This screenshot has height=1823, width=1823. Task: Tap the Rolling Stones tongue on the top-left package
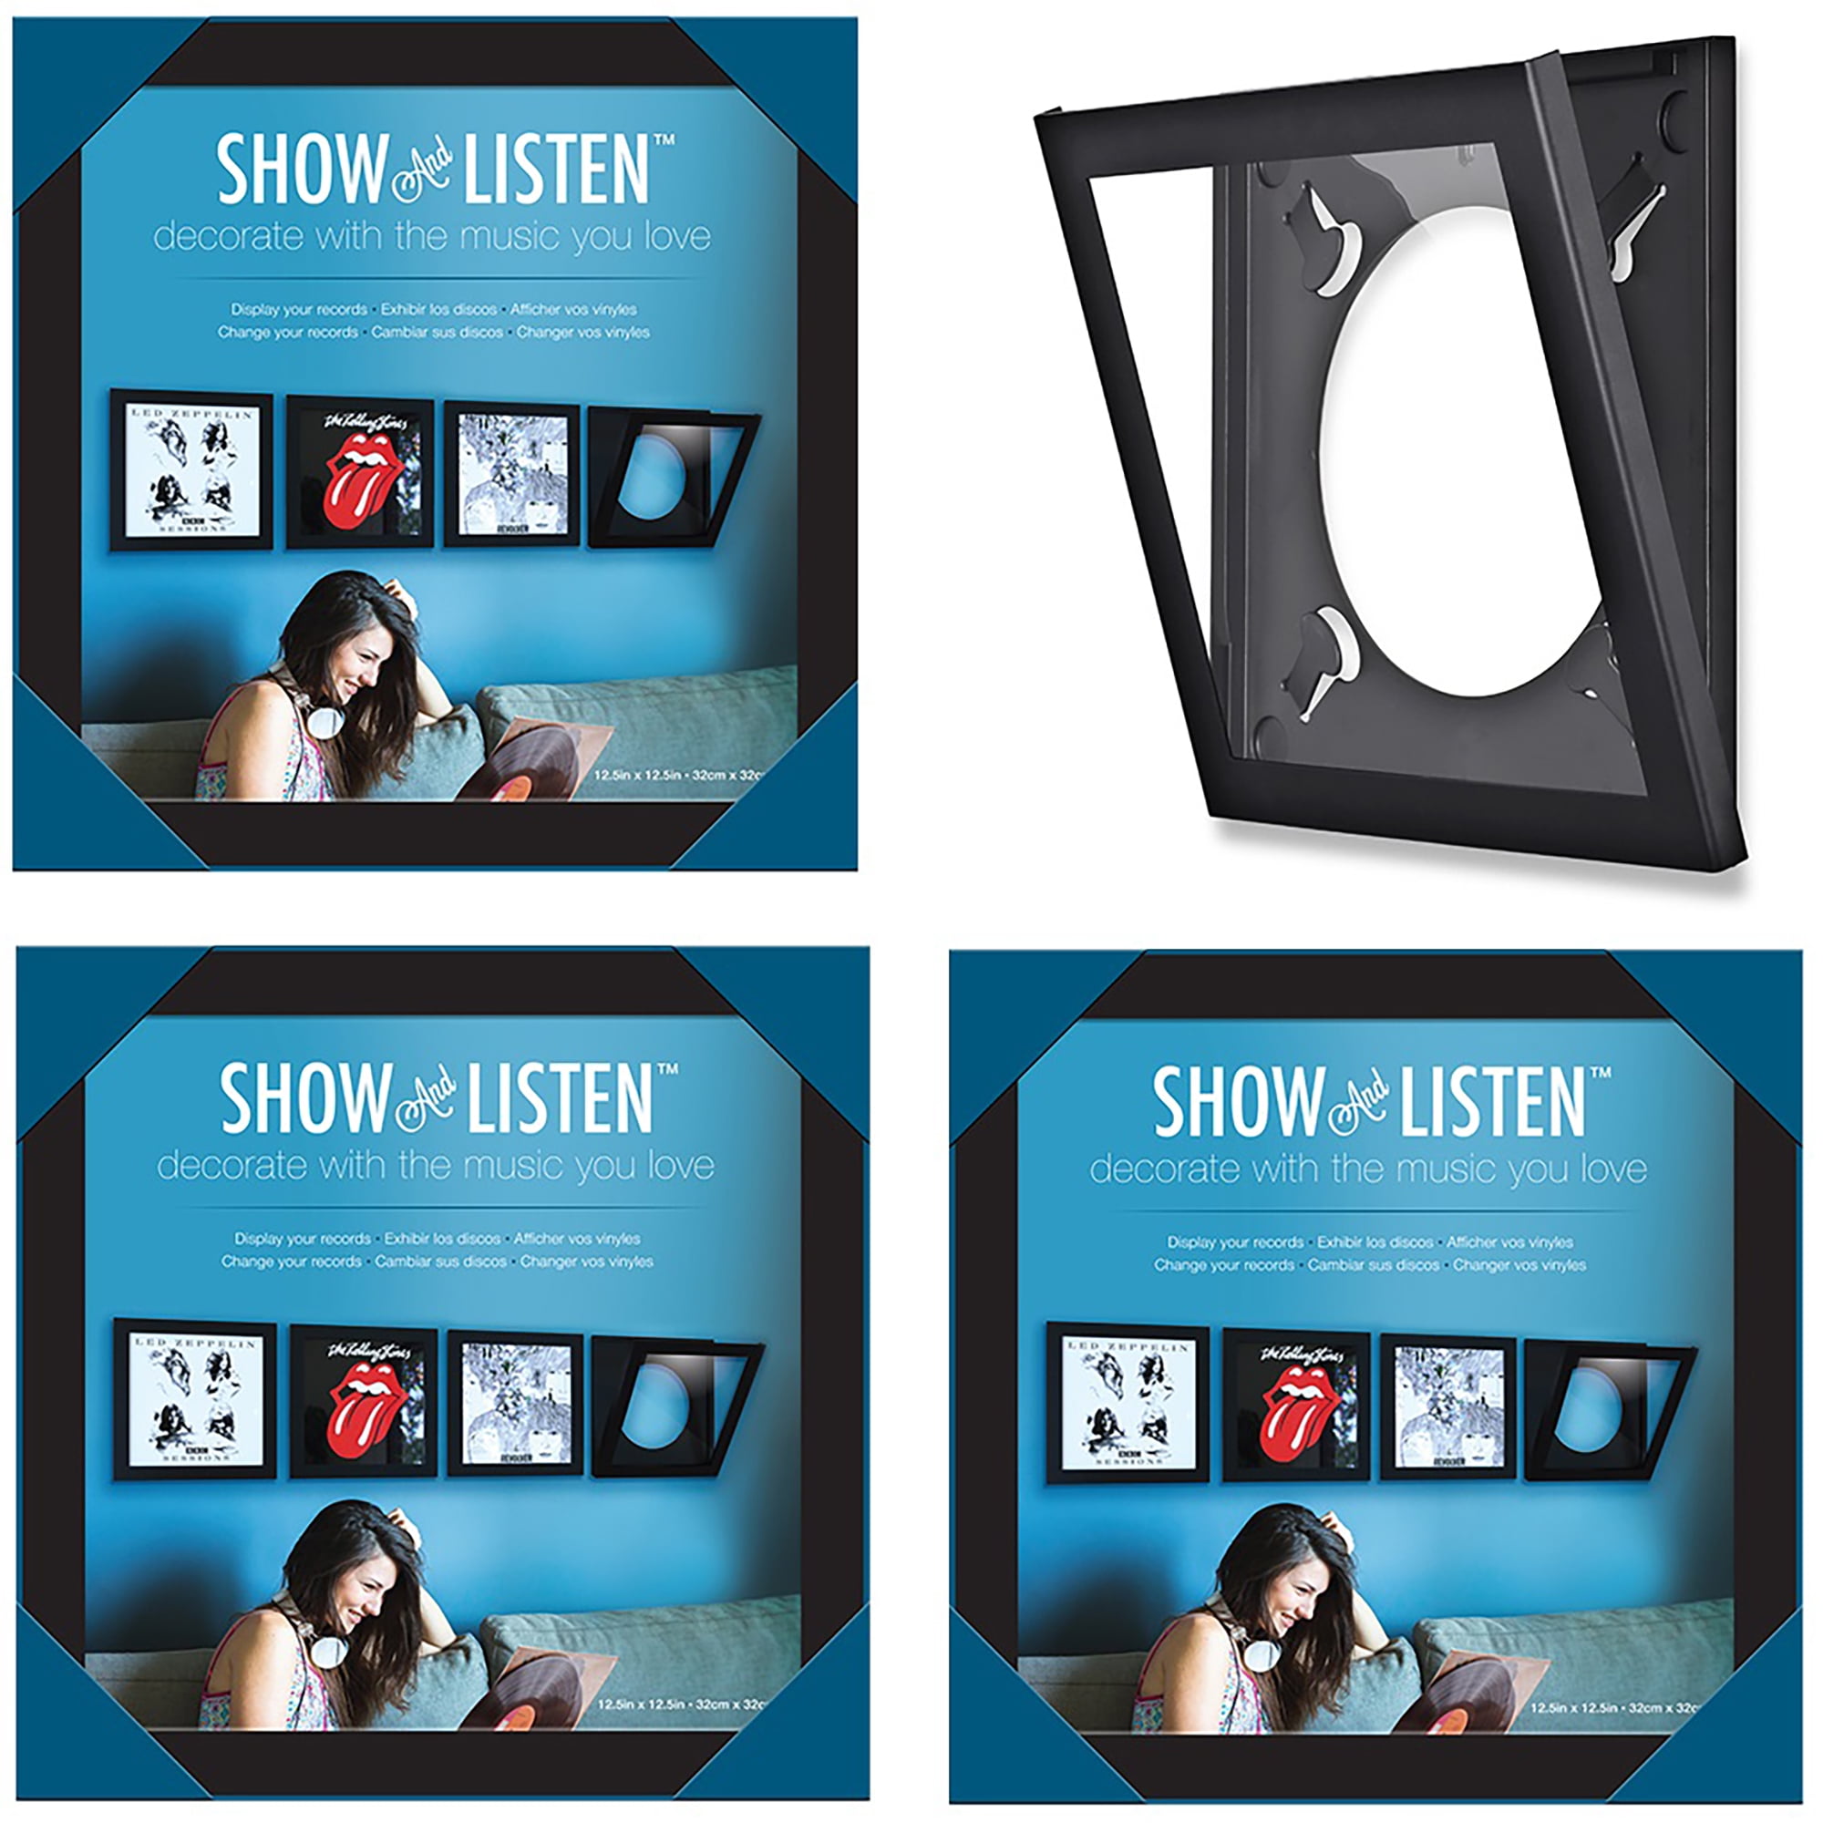(x=358, y=481)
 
